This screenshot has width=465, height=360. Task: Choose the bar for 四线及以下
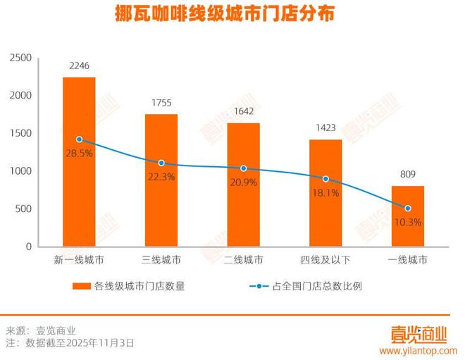325,193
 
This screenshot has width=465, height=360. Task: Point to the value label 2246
79,66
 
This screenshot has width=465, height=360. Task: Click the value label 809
407,175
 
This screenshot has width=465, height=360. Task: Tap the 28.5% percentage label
79,154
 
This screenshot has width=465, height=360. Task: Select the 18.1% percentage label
325,192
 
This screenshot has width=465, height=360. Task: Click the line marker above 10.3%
407,208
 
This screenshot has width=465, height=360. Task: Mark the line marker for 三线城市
161,163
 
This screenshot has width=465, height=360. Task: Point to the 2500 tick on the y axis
21,57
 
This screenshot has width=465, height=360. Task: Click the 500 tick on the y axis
24,209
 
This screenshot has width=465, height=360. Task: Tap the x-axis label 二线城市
243,260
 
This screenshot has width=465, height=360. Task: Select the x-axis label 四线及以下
325,260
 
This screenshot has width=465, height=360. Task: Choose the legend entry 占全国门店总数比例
316,286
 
